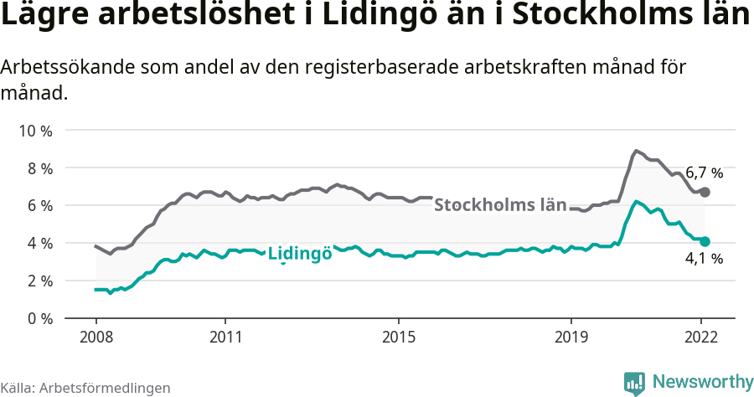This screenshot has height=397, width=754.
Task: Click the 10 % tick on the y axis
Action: pos(34,131)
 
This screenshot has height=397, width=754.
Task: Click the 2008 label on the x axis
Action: pos(96,337)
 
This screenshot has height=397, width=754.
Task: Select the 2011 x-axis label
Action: pos(225,337)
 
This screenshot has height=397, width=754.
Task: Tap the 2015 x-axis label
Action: pos(399,337)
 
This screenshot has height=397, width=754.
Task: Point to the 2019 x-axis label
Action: pos(571,337)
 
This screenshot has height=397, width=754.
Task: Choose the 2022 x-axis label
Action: pos(701,337)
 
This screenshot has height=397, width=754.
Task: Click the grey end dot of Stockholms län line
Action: pos(705,193)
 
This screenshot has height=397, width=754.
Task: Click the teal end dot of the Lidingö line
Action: pos(705,241)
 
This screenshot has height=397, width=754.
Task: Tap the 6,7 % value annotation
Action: pos(704,173)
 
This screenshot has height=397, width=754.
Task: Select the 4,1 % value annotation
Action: pos(704,260)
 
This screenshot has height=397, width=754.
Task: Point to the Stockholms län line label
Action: pos(500,204)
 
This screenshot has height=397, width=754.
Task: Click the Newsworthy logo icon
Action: pos(634,383)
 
